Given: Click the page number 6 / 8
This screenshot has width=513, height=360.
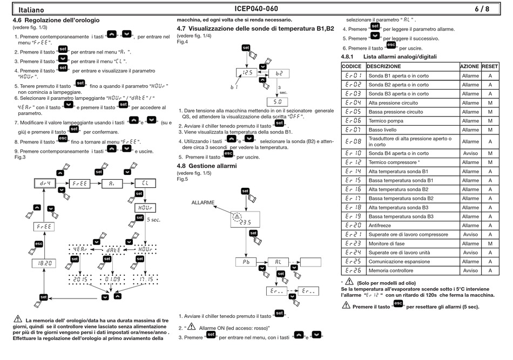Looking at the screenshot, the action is tap(482, 9).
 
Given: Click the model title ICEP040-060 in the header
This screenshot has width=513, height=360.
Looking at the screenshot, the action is tap(256, 9).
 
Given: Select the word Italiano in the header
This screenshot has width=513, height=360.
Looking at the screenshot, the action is tap(31, 10).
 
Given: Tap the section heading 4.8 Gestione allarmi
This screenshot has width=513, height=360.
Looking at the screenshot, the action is tap(207, 166).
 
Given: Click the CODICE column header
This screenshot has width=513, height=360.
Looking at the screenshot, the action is tap(352, 66).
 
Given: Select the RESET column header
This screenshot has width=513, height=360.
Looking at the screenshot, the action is tap(490, 66).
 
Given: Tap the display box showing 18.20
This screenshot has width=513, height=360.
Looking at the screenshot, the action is tap(44, 263).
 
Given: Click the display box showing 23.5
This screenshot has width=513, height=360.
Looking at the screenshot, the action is tap(245, 220).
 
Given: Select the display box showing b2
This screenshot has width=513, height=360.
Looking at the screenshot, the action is tap(279, 73).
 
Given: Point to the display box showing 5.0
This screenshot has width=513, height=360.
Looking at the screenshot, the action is tap(277, 101).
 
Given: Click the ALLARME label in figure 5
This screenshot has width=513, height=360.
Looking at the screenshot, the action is tap(203, 203).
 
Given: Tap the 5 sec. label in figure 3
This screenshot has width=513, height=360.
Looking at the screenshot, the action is tap(153, 220).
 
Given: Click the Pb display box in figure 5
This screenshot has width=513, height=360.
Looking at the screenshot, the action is tap(246, 262).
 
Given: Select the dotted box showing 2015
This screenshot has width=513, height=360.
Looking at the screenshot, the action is tap(80, 280).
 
